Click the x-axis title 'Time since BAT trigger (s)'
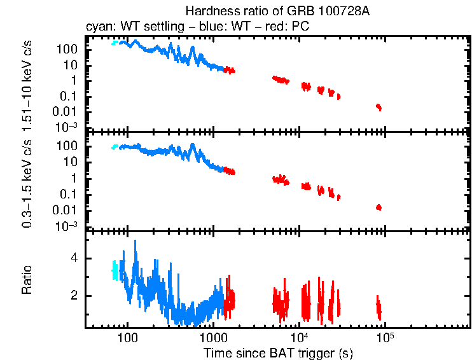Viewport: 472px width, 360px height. [278, 352]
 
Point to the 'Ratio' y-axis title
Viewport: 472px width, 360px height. [27, 280]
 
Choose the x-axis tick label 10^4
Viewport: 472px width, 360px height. [298, 336]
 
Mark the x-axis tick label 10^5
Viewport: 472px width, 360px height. [384, 336]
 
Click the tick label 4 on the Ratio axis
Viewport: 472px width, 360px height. [74, 259]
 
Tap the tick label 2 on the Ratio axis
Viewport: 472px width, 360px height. [74, 296]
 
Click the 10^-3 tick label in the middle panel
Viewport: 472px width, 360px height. [68, 226]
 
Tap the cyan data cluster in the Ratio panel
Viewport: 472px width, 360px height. [115, 270]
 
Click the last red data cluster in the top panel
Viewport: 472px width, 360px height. [378, 107]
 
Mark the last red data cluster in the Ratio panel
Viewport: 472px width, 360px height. [378, 307]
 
